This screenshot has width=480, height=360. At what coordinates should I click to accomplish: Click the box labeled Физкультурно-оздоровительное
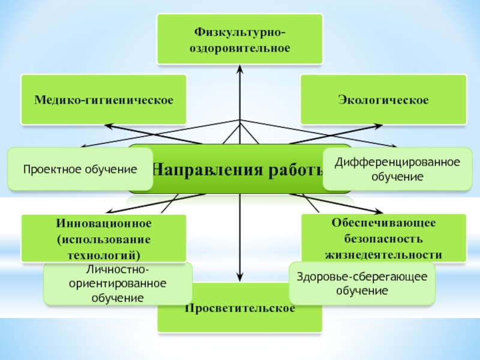[239, 39]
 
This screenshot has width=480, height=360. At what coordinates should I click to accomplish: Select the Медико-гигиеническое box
[103, 99]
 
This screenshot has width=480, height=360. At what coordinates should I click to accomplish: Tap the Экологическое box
[383, 99]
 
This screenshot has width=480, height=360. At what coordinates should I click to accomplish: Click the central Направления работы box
[240, 169]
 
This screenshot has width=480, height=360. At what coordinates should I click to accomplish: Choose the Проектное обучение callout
[72, 169]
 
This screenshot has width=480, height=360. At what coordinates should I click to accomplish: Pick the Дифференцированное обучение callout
[397, 169]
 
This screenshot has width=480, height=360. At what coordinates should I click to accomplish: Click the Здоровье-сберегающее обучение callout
[362, 283]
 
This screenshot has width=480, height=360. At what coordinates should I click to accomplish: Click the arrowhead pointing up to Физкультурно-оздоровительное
[240, 69]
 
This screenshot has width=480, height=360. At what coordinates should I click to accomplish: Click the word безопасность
[383, 239]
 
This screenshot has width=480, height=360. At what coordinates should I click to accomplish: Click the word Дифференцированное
[397, 163]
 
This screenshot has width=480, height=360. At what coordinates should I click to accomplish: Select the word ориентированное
[118, 284]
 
